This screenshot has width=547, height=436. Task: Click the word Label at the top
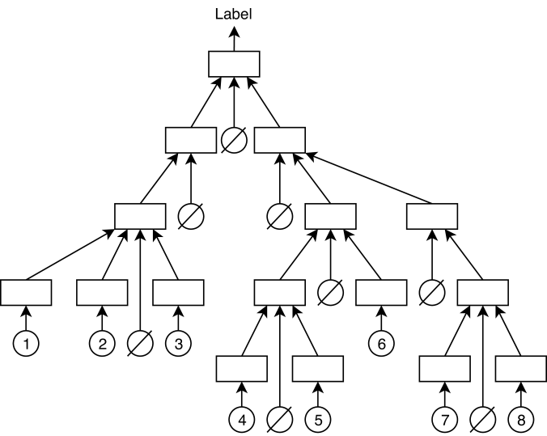[x=235, y=13]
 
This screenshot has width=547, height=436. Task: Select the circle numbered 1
[x=27, y=344]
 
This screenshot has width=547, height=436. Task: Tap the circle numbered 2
[x=102, y=344]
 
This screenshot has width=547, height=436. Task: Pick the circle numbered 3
[x=178, y=344]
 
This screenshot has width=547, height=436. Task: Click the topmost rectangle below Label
[x=235, y=64]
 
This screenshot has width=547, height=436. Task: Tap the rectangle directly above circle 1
[x=27, y=292]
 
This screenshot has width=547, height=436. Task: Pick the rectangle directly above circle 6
[x=380, y=292]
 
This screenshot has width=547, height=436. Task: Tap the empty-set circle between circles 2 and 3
[x=140, y=344]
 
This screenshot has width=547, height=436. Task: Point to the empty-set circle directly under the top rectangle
[x=235, y=141]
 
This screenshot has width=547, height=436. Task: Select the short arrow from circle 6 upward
[x=380, y=318]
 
